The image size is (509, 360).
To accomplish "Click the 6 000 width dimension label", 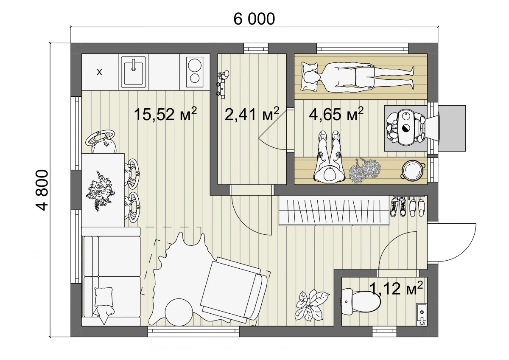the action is click(x=254, y=19).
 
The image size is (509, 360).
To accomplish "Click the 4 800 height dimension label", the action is click(x=42, y=190).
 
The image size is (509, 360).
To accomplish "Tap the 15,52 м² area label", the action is click(x=165, y=114).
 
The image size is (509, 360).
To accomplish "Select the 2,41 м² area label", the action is click(x=252, y=114).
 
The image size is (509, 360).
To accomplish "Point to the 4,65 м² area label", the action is click(x=336, y=113).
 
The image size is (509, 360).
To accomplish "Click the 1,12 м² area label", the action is click(x=396, y=288).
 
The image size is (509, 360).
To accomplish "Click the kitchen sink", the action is click(x=133, y=72).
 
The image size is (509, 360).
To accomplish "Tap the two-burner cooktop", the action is click(x=195, y=72).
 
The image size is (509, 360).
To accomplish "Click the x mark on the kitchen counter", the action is click(x=99, y=72).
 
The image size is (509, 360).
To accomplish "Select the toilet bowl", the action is click(x=361, y=302).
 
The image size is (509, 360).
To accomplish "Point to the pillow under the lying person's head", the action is click(x=309, y=77).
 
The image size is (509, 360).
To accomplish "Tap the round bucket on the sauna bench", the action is click(x=413, y=169).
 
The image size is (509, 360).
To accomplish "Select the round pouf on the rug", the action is click(x=179, y=312).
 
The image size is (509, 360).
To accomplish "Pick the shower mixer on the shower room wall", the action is click(x=223, y=84).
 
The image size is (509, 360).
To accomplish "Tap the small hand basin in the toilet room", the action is click(x=421, y=315).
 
